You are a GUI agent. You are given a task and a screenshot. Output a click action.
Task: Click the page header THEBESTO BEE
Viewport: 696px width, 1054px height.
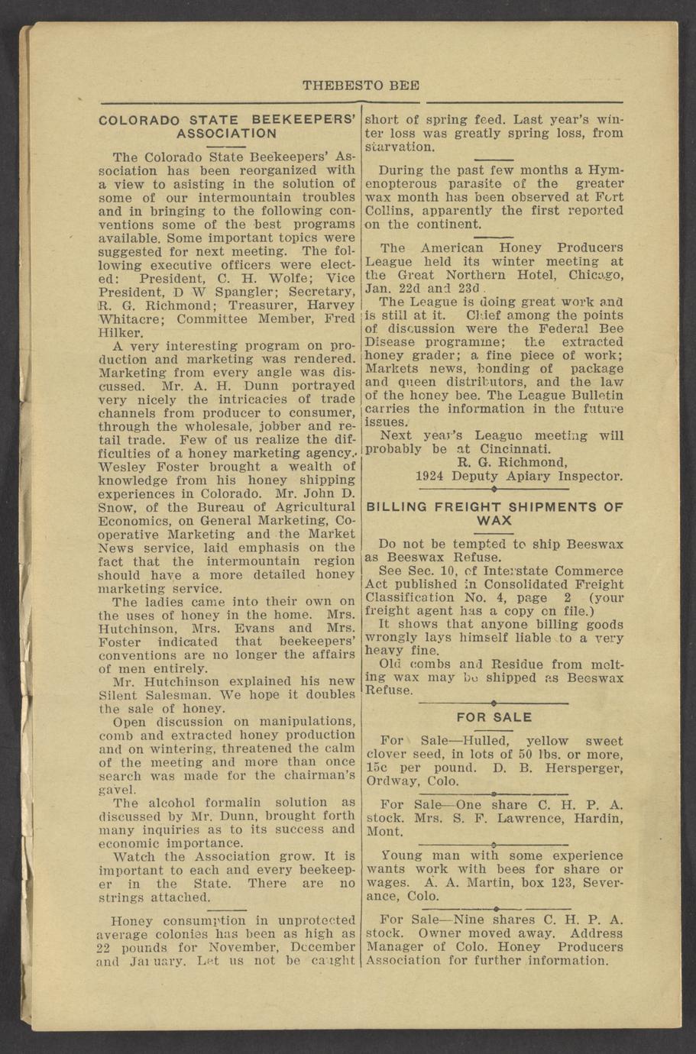(361, 86)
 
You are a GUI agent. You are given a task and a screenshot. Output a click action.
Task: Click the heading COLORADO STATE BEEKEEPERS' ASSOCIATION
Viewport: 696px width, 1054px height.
(228, 126)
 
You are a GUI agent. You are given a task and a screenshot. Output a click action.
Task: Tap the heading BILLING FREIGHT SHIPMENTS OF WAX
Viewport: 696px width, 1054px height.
(494, 512)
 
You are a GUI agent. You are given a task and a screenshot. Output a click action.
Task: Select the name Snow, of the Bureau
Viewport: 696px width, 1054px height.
(117, 506)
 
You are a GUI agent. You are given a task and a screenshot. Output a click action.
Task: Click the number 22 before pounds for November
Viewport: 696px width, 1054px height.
(106, 947)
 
